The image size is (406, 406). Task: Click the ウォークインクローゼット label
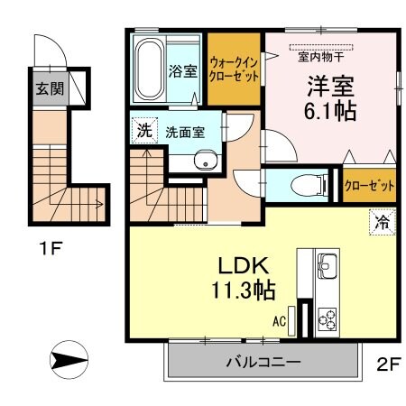(x=234, y=69)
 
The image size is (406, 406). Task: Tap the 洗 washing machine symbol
(x=143, y=130)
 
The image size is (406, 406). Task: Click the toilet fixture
(x=308, y=186)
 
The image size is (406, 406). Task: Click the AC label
(x=280, y=318)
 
